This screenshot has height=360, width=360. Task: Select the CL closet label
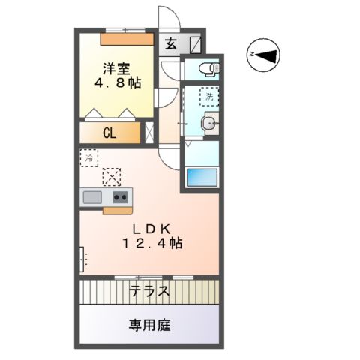click(109, 135)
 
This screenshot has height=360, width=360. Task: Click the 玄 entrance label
click(171, 43)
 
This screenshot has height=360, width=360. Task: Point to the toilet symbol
click(206, 70)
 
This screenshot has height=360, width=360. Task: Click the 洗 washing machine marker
click(210, 96)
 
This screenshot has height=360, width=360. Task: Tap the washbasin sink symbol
click(209, 125)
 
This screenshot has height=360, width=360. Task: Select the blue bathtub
click(201, 178)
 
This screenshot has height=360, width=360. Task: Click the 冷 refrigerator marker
click(89, 158)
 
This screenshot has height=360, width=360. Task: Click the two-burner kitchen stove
click(120, 197)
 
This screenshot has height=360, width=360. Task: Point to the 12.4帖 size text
click(151, 243)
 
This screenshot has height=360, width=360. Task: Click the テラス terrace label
click(148, 291)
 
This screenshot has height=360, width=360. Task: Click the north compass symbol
click(262, 54)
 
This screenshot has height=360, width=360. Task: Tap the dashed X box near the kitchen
click(112, 175)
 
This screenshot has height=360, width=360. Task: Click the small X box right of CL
click(149, 135)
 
